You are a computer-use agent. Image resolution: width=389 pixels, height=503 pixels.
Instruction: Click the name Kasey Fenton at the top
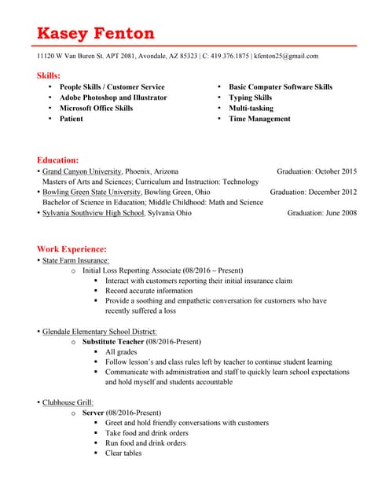tap(95, 33)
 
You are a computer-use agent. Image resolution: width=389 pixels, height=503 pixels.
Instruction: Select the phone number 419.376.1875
tap(229, 56)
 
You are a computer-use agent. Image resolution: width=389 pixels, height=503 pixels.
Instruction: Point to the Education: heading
tap(57, 160)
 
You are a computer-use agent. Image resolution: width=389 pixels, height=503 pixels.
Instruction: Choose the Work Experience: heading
tap(72, 249)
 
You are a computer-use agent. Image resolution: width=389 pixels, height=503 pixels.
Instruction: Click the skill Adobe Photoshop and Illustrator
tap(113, 97)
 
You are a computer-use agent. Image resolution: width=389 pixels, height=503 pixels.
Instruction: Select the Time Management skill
tap(259, 119)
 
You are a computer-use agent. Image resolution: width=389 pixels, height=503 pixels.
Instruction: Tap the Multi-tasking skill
tap(251, 108)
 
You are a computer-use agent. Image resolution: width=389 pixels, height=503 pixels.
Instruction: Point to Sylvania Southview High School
tap(94, 212)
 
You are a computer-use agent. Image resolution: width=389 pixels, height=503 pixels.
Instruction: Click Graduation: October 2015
tap(317, 171)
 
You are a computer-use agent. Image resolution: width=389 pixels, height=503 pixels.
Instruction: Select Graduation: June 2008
tap(321, 212)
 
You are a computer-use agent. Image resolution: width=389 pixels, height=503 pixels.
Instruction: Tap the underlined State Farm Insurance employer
tap(75, 260)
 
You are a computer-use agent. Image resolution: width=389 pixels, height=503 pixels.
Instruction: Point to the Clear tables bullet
tap(123, 453)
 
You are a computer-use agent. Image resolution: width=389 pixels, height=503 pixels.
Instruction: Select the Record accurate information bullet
tap(149, 291)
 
